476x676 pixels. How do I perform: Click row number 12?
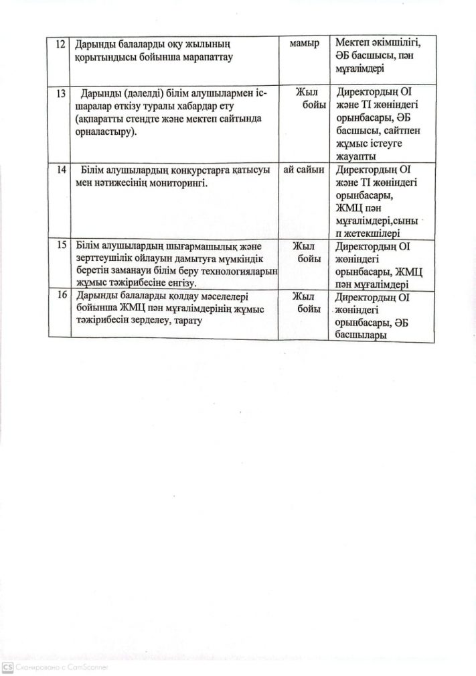(x=60, y=45)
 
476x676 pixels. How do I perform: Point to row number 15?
(x=61, y=245)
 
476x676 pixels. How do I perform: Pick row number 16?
(x=61, y=296)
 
